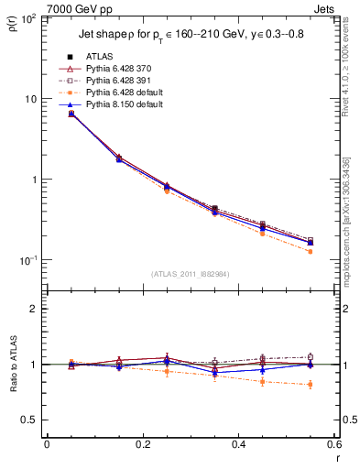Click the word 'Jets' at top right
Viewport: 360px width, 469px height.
[x=325, y=9]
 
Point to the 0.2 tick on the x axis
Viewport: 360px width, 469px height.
[x=142, y=444]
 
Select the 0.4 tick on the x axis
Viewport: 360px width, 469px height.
[x=238, y=444]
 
